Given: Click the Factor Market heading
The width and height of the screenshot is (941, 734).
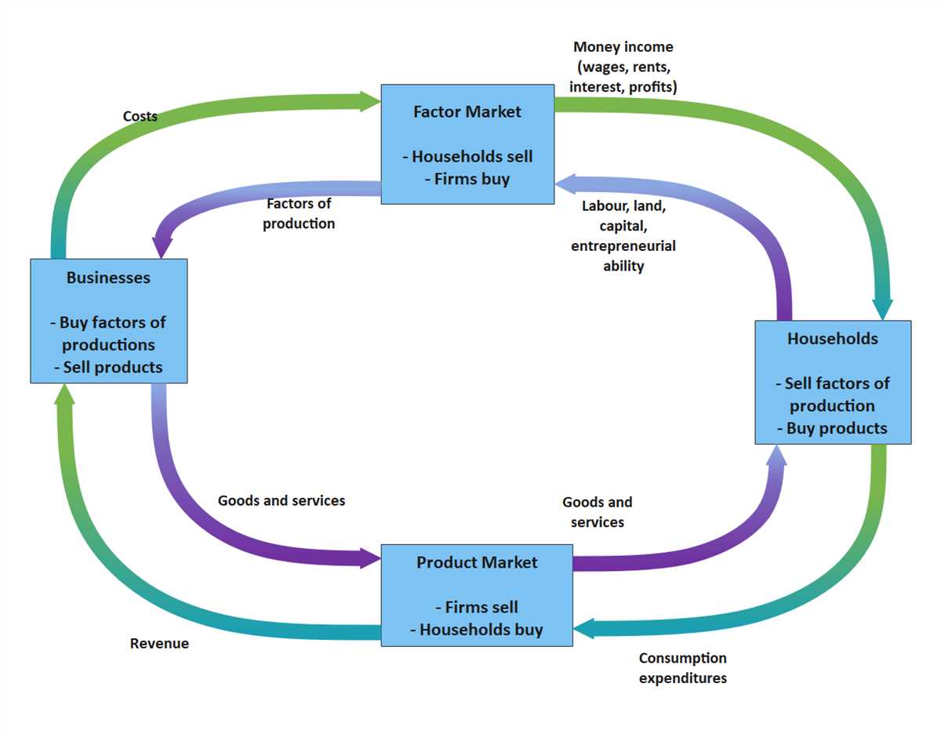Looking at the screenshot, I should [467, 111].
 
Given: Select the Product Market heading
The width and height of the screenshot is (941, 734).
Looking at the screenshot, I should [477, 562].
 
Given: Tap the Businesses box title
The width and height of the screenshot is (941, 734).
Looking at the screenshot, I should [108, 278].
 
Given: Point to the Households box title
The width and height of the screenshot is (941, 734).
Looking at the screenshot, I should [832, 339].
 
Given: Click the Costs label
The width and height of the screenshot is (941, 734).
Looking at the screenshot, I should [140, 117].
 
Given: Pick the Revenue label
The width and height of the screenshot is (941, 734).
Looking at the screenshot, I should [159, 644].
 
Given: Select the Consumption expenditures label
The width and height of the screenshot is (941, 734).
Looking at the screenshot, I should [682, 667].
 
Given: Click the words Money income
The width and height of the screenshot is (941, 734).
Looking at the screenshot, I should [623, 48].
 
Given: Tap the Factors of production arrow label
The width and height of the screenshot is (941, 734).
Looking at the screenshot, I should [299, 213].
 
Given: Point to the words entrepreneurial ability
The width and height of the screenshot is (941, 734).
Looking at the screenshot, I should [623, 256].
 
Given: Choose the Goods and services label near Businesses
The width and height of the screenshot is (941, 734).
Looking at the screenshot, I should [282, 500].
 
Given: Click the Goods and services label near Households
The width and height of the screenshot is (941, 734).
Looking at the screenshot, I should [598, 511].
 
